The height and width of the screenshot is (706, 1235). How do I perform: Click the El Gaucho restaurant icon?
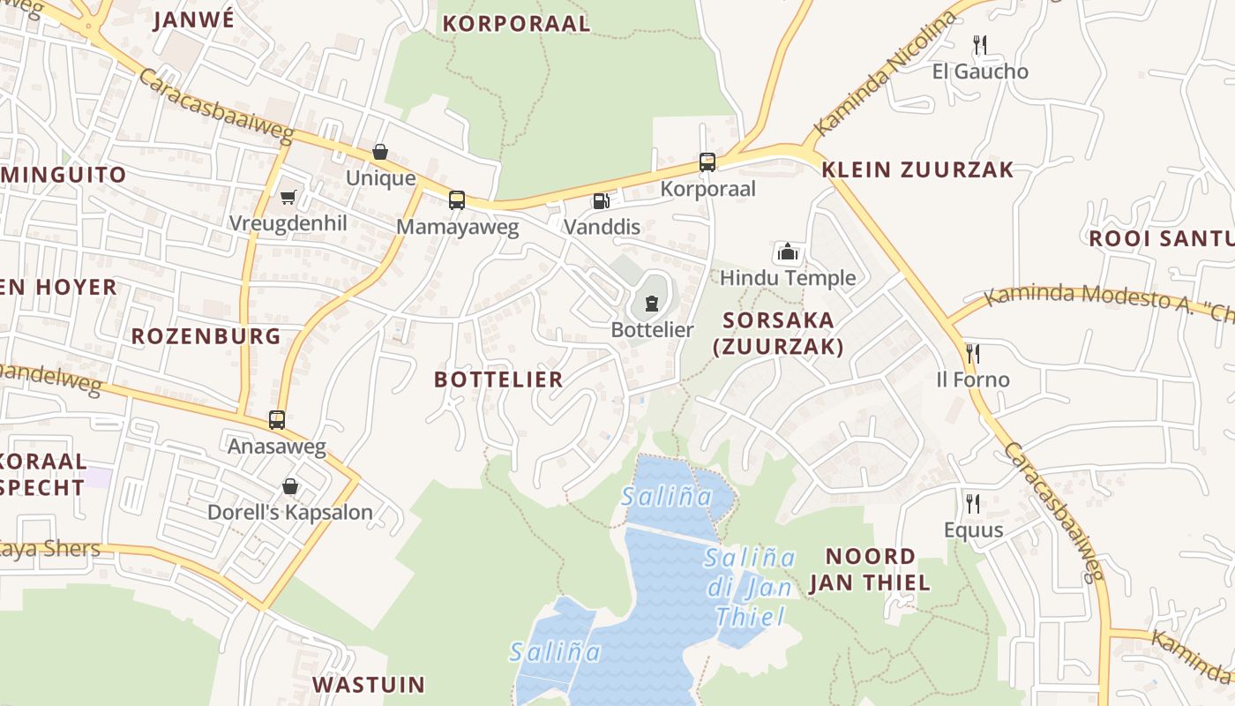979,44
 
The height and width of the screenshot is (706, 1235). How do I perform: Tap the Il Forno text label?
973,380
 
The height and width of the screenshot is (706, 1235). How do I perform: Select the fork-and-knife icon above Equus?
973,503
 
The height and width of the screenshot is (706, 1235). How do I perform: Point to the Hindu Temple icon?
787,252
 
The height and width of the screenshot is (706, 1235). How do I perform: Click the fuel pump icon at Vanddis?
601,201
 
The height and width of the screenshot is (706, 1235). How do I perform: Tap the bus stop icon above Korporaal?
707,162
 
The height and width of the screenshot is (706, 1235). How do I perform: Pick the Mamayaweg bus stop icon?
456,200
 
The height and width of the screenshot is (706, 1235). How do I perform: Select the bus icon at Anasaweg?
277,420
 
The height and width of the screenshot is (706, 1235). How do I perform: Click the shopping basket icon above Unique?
380,152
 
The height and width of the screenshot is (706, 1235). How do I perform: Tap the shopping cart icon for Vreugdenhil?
288,197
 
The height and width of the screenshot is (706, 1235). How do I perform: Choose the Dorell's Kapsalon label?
290,513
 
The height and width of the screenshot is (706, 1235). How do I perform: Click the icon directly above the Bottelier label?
652,304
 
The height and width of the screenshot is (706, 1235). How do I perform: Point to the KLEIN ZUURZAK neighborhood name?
918,170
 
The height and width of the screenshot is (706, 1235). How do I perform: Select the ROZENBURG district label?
206,336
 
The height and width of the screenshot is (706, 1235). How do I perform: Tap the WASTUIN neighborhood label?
369,685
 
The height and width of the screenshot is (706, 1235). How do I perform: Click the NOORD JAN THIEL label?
870,569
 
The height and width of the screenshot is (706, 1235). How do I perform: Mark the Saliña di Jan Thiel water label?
750,587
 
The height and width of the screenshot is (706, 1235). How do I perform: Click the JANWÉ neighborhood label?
194,20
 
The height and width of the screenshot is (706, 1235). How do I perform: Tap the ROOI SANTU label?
1161,239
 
